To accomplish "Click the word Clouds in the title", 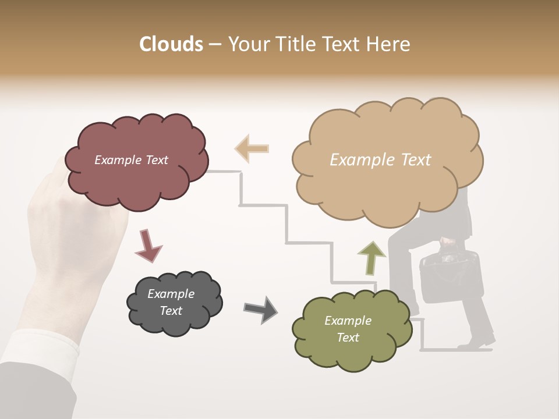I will (x=171, y=44).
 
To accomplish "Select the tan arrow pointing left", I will (x=252, y=148).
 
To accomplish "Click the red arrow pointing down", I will (x=147, y=245).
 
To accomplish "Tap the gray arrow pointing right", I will (x=260, y=309).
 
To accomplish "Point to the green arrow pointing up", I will (x=372, y=258).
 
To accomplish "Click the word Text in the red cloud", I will (x=156, y=160).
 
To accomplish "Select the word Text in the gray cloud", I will (x=171, y=311).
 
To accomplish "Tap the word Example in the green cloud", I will (x=348, y=321).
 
